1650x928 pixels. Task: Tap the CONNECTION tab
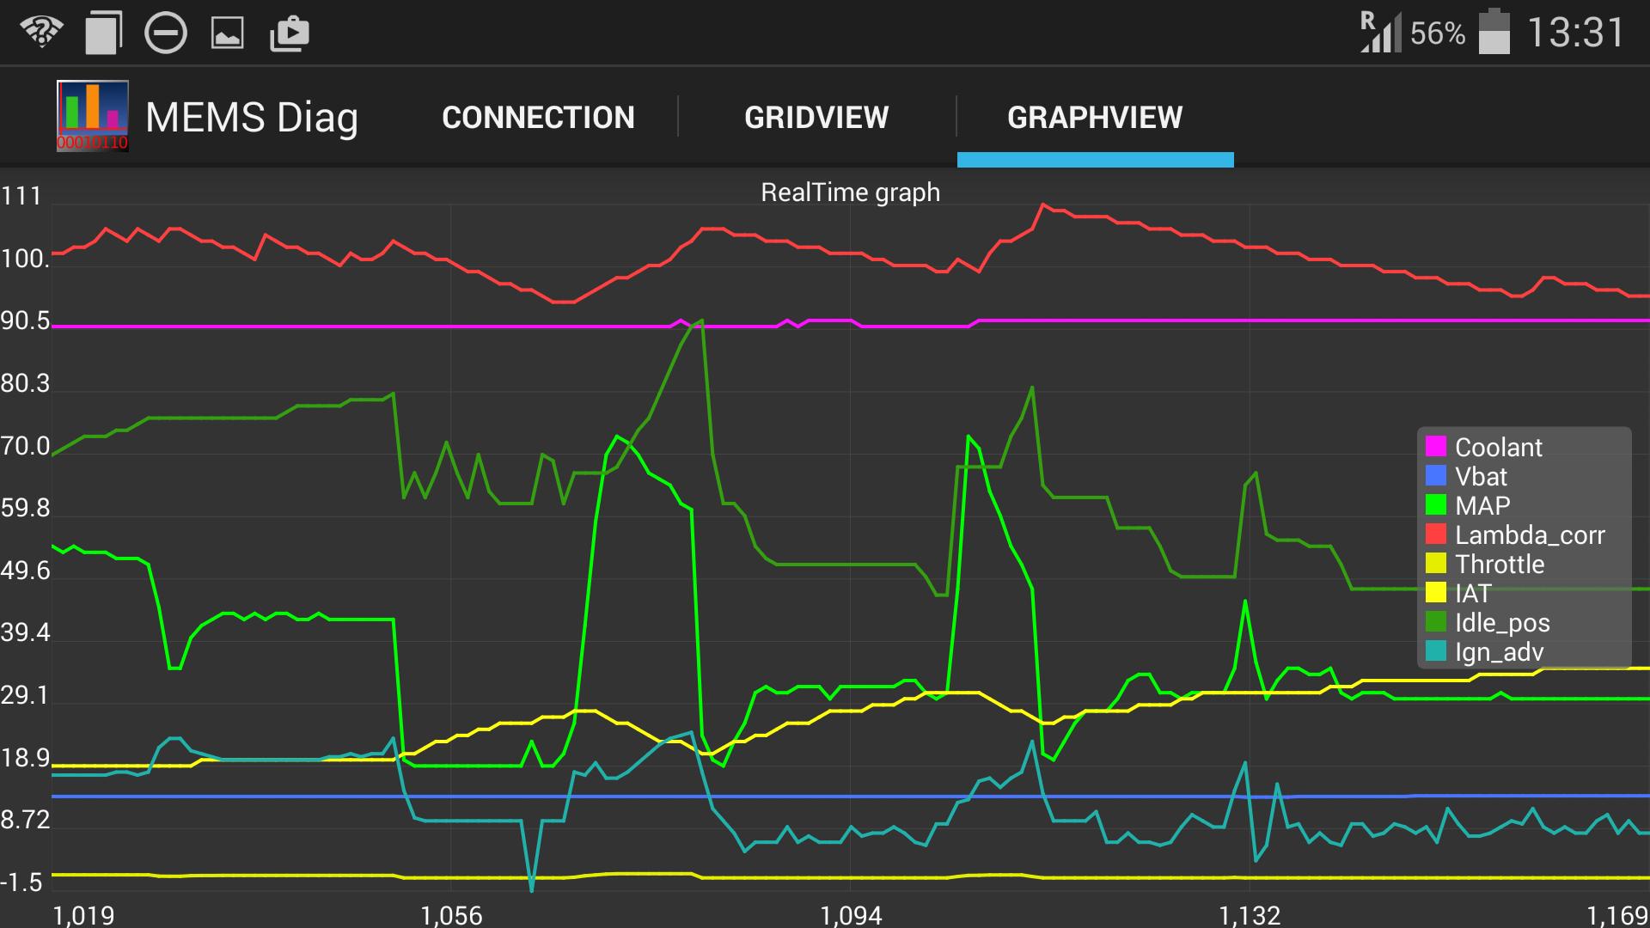538,118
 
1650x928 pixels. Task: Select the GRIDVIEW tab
816,118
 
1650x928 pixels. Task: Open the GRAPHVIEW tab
1095,118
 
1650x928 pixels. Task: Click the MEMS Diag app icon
93,116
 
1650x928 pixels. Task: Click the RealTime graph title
850,192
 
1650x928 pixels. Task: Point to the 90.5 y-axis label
26,321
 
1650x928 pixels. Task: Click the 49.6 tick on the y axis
26,571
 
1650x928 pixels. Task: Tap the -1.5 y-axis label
22,882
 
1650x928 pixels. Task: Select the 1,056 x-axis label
451,915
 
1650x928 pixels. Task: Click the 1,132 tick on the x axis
1250,915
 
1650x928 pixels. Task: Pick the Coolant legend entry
1498,447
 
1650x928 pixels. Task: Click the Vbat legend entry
1481,476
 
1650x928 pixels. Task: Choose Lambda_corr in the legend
1529,534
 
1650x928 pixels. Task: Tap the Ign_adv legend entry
1499,651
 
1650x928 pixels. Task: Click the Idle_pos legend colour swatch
1435,622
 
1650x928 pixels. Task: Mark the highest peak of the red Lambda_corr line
1042,205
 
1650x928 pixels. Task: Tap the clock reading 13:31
1574,34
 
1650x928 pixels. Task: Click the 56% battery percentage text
1437,34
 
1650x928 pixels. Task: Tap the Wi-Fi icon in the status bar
41,33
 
